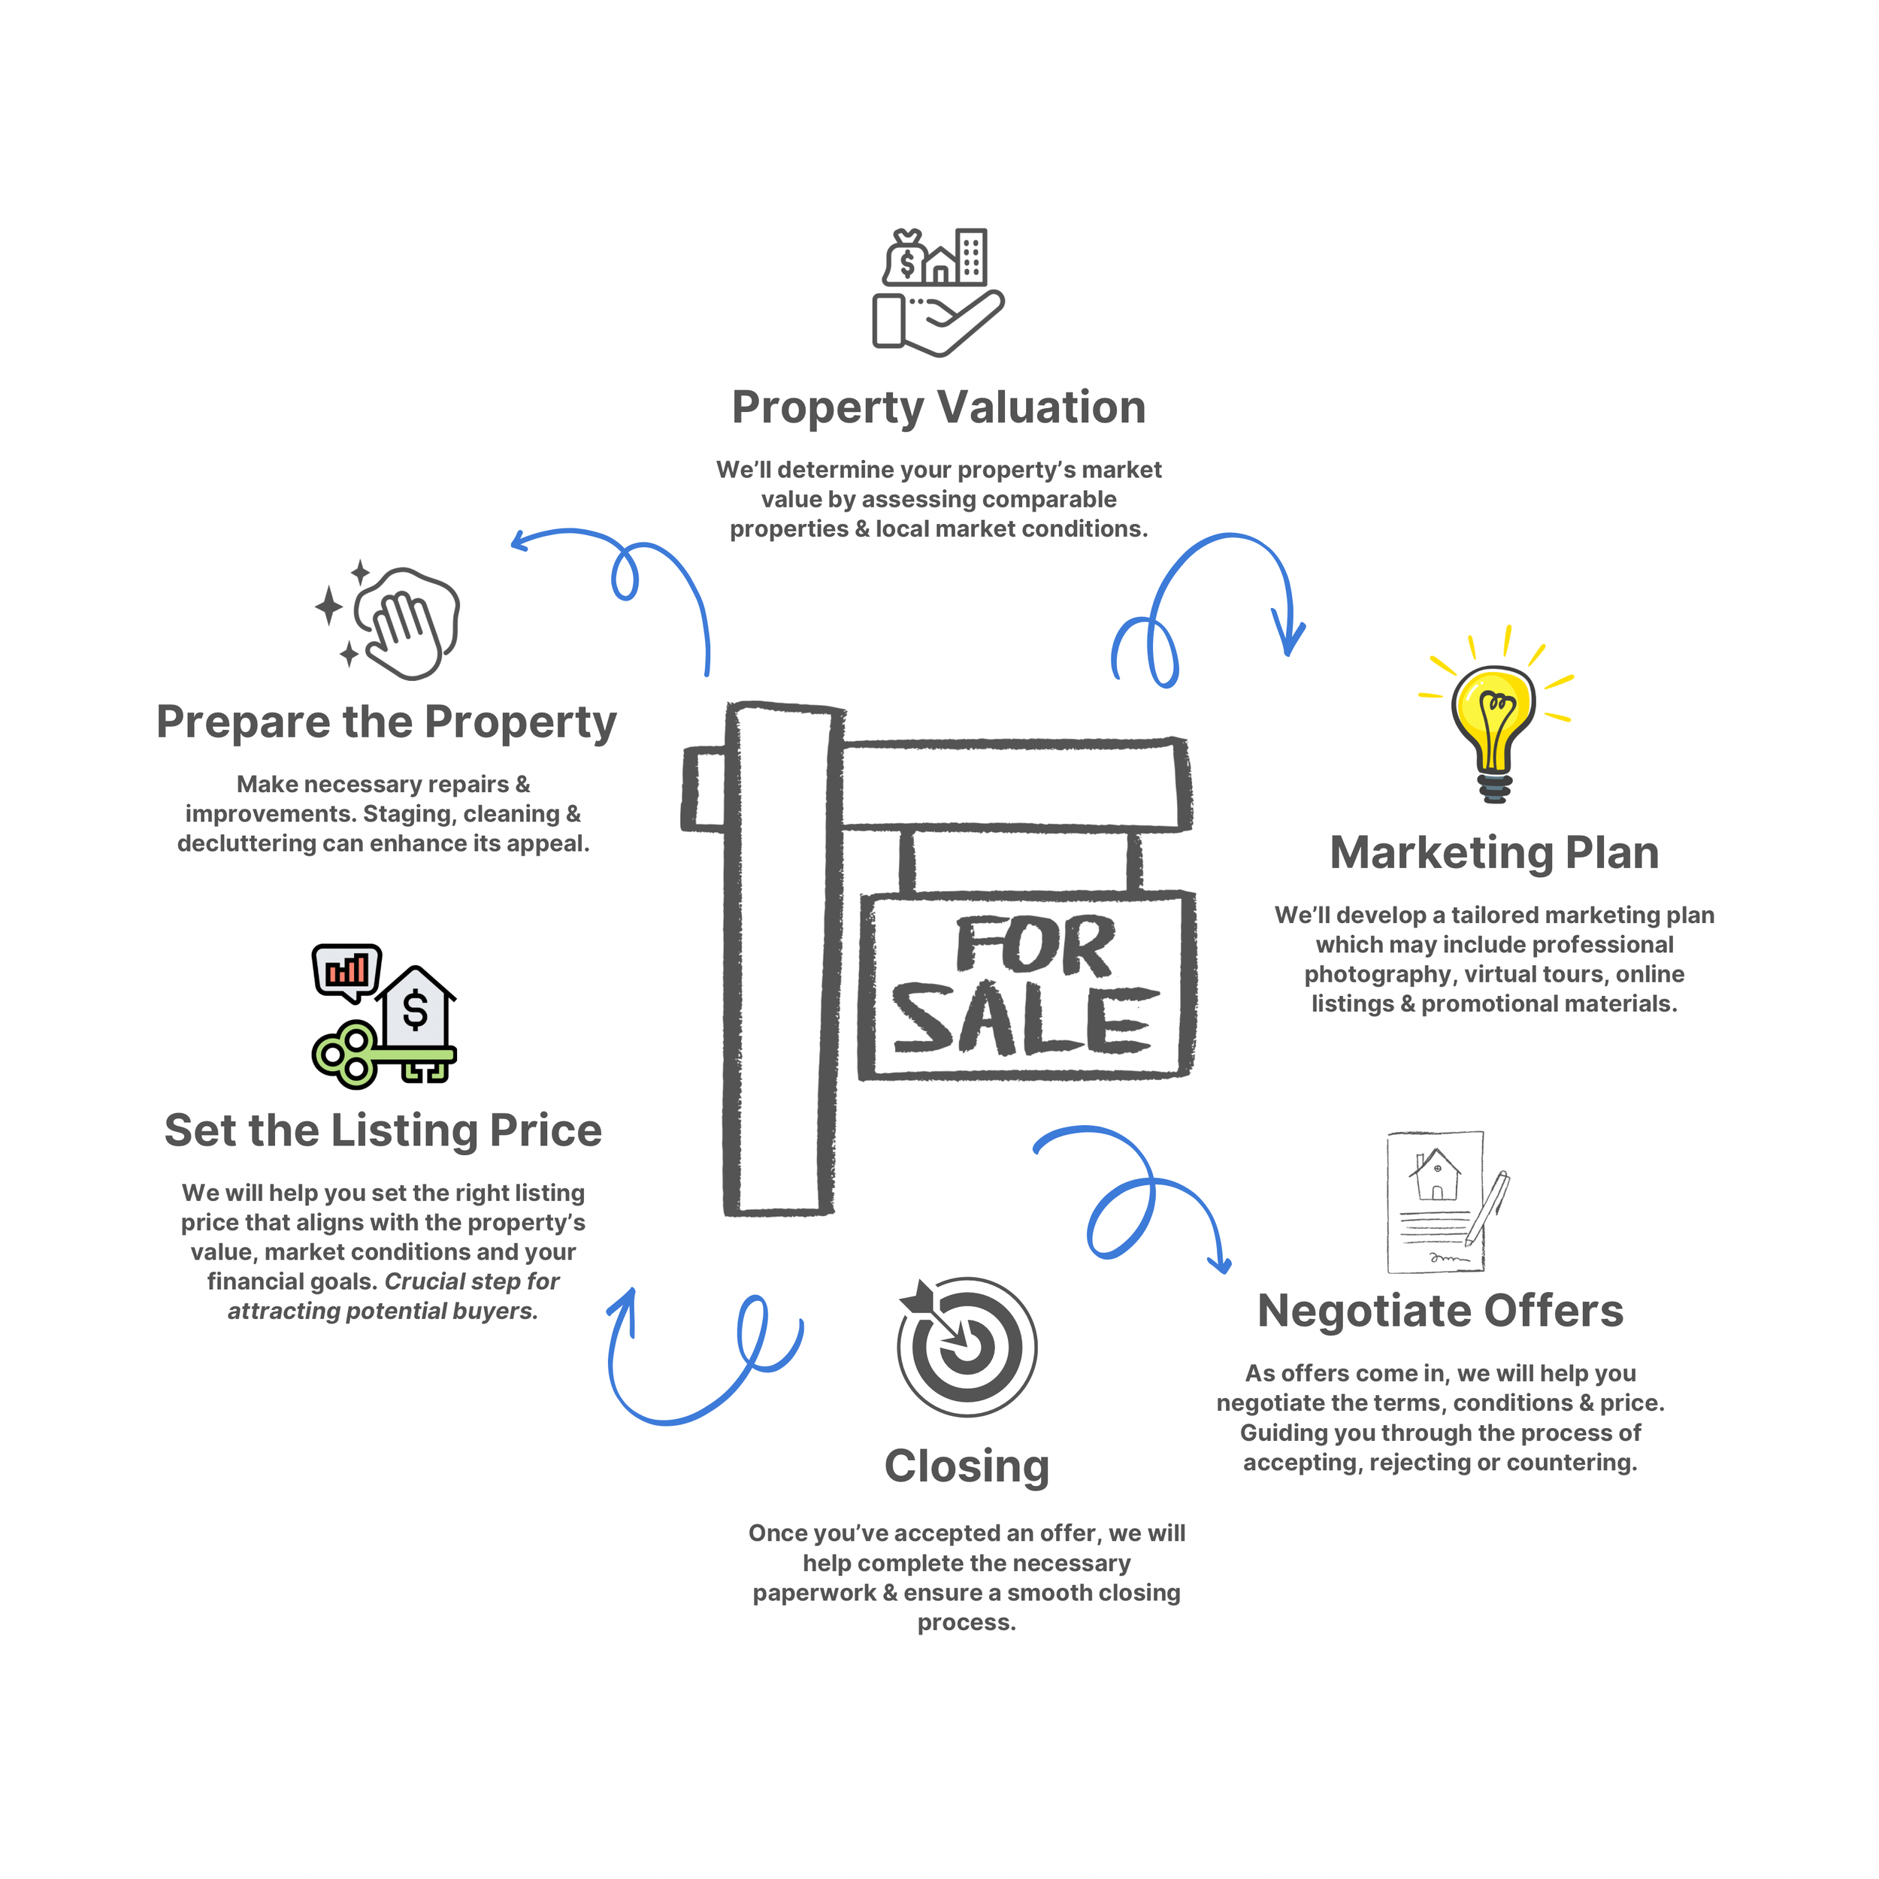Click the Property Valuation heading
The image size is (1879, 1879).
tap(939, 407)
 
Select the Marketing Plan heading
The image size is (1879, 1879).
tap(1494, 853)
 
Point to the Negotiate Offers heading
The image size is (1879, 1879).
tap(1440, 1311)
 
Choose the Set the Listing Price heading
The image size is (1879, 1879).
tap(383, 1130)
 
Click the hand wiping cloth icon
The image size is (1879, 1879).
tap(404, 622)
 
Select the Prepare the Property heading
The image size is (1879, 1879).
tap(386, 722)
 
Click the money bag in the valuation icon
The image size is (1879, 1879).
tap(906, 259)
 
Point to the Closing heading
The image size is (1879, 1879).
tap(967, 1466)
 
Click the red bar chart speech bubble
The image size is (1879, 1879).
tap(346, 970)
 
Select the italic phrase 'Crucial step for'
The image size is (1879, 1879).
tap(472, 1281)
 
